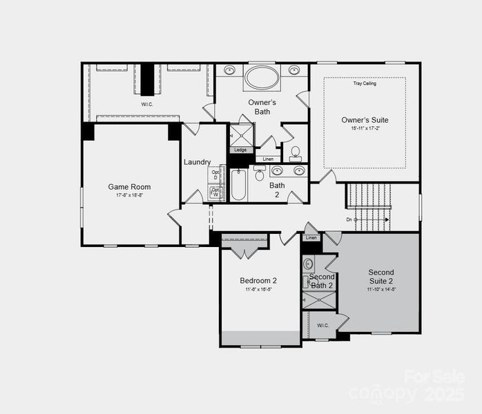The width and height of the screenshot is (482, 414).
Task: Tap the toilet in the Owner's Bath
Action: [295, 152]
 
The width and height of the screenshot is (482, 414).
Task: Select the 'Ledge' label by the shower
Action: [240, 150]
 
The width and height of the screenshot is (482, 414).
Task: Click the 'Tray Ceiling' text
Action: [364, 83]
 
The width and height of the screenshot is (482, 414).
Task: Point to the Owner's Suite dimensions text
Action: [364, 128]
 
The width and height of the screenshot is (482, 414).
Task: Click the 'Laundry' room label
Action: [197, 162]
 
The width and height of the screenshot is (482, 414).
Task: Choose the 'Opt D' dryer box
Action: [215, 175]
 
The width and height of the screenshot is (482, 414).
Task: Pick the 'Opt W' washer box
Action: [215, 193]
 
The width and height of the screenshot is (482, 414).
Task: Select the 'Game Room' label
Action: [129, 187]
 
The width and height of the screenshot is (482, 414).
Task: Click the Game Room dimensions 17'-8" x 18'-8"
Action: [129, 195]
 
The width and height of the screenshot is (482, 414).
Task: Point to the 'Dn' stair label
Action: [349, 220]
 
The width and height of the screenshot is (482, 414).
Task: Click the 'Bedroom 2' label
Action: [258, 281]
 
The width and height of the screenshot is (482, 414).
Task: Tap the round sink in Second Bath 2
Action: [309, 263]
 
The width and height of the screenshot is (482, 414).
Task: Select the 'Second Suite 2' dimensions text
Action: [380, 290]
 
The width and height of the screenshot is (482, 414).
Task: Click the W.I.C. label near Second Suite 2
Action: [322, 325]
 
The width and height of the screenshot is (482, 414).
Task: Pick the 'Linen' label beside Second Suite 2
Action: [311, 238]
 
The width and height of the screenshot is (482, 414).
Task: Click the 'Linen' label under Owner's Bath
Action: [268, 159]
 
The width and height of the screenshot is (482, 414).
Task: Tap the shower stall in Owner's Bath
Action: [241, 134]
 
